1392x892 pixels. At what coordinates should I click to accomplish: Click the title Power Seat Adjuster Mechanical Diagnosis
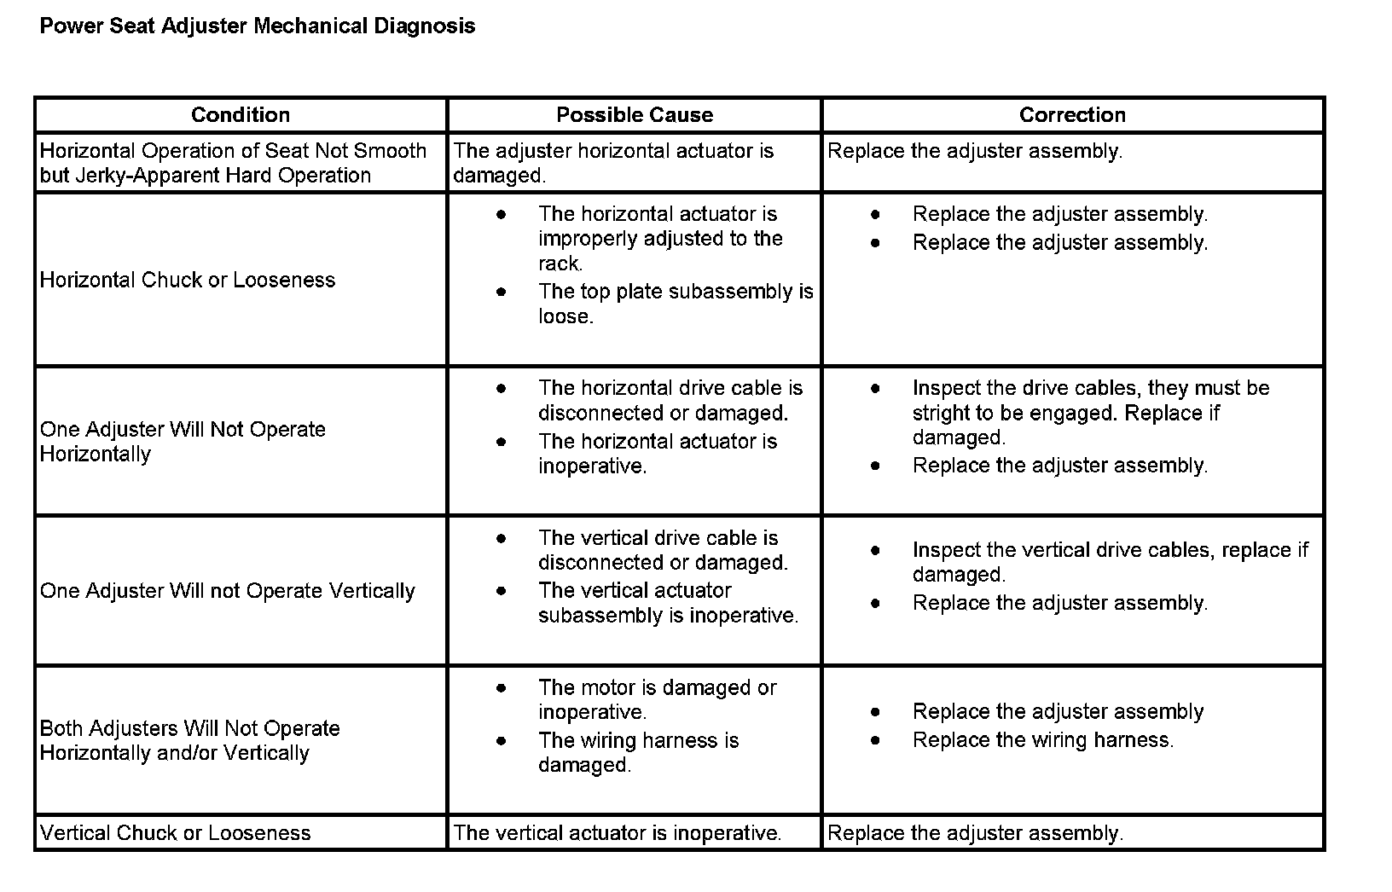257,26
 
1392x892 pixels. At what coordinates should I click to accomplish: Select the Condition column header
241,115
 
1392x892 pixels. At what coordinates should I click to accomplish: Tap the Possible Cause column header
635,115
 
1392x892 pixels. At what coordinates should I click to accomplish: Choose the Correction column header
1072,115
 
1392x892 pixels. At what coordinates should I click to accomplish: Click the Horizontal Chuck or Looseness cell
188,281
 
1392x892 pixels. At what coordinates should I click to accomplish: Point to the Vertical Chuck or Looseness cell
175,833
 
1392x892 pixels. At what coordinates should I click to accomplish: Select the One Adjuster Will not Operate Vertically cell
228,591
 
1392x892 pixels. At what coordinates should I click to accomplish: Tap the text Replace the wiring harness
1043,740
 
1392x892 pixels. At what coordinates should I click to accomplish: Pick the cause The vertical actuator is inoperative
618,833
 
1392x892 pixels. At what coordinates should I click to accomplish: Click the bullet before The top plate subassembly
501,292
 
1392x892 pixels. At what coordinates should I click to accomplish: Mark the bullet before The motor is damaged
501,687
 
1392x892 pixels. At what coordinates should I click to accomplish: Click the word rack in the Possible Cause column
559,264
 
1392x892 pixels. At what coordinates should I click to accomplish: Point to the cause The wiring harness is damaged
638,752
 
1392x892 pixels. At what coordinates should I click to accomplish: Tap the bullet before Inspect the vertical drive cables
875,550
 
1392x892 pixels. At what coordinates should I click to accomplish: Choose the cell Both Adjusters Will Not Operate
189,740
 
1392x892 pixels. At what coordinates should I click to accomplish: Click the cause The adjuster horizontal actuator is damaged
613,163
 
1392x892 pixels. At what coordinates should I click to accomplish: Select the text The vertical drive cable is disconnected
663,550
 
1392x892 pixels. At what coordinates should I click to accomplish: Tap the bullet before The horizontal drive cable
501,388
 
